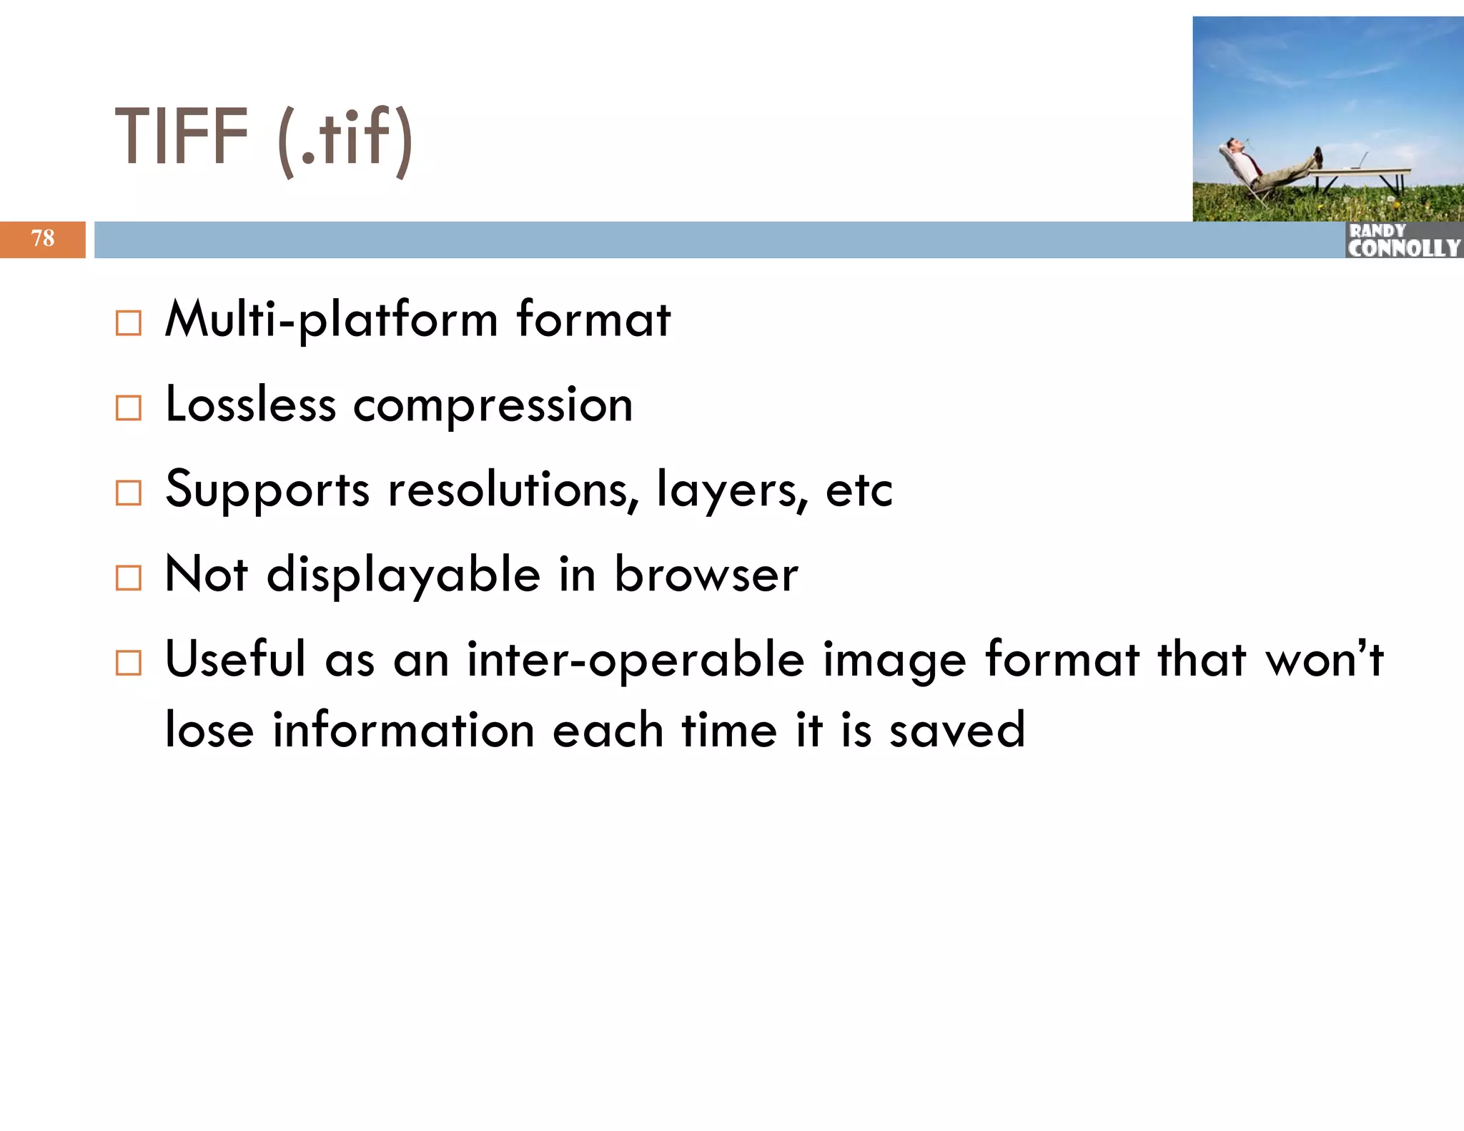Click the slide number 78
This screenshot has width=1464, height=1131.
coord(43,238)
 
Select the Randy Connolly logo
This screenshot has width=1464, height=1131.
coord(1403,240)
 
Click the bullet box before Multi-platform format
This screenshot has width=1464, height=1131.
coord(129,323)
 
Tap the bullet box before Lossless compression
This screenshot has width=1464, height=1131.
coord(129,408)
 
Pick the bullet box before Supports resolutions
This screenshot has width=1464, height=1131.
coord(129,493)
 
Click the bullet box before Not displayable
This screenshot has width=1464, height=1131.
coord(129,578)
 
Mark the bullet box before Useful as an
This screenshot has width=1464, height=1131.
coord(129,663)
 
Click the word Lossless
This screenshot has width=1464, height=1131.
coord(250,405)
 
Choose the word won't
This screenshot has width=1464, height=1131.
coord(1325,659)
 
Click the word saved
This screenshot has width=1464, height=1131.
coord(957,731)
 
